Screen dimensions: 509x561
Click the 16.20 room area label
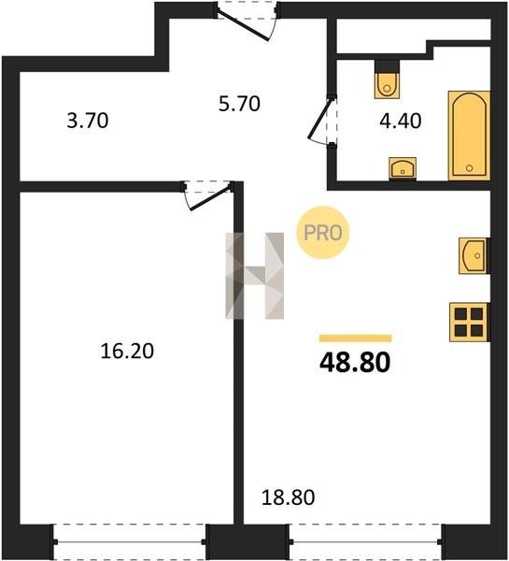(x=127, y=351)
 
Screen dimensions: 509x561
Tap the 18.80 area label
(x=288, y=497)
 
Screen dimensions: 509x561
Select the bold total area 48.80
(x=355, y=362)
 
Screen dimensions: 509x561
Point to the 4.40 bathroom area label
(x=401, y=121)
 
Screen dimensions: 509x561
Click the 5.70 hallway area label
(x=239, y=104)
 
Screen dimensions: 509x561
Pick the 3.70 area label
(x=88, y=121)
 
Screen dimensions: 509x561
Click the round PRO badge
(x=323, y=233)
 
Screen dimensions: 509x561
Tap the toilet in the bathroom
(x=387, y=79)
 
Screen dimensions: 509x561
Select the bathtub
(x=469, y=136)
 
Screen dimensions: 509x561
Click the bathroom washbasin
(x=403, y=168)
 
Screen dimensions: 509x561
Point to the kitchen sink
(x=474, y=255)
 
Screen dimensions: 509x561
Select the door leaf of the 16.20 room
(x=210, y=198)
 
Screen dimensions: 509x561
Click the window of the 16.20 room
(x=130, y=541)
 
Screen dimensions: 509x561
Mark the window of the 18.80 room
(x=366, y=541)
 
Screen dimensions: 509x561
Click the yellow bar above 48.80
(x=356, y=338)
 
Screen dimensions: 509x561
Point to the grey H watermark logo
(x=254, y=276)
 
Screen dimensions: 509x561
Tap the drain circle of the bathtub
(x=470, y=167)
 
